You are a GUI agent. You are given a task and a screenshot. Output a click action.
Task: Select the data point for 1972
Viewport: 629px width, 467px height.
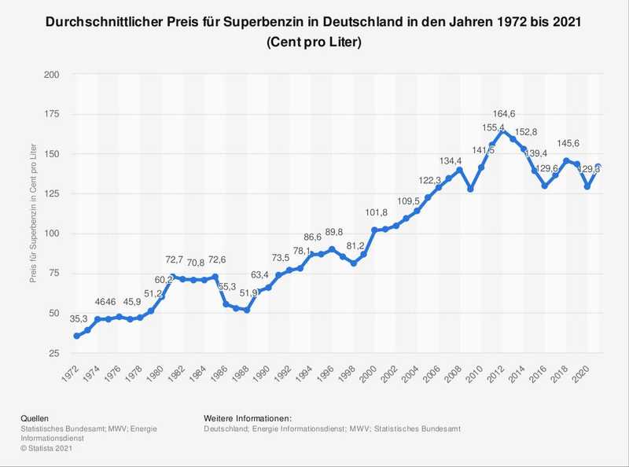(x=76, y=336)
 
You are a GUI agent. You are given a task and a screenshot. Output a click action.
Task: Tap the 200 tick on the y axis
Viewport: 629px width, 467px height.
(x=52, y=75)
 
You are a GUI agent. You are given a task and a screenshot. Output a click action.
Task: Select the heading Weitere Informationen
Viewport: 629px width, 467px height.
(x=247, y=416)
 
